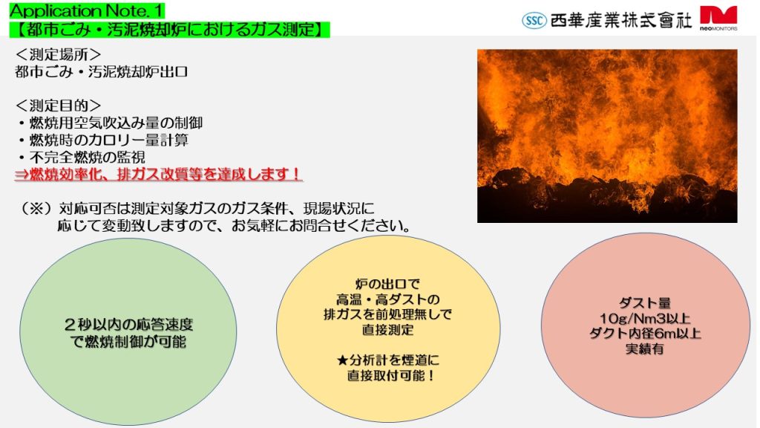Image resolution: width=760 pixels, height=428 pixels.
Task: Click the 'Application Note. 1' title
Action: pyautogui.click(x=87, y=10)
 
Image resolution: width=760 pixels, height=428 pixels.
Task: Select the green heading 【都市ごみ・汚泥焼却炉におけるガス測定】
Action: pyautogui.click(x=169, y=29)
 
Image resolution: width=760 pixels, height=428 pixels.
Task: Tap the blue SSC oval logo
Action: pyautogui.click(x=534, y=20)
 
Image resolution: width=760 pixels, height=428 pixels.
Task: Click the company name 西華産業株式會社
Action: pyautogui.click(x=621, y=20)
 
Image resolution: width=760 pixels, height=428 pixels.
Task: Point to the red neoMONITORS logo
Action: pyautogui.click(x=718, y=19)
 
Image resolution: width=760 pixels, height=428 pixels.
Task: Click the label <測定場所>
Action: pyautogui.click(x=58, y=54)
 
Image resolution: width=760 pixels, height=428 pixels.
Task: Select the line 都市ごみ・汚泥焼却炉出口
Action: pyautogui.click(x=101, y=72)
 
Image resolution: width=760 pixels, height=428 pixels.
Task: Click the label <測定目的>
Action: pyautogui.click(x=58, y=106)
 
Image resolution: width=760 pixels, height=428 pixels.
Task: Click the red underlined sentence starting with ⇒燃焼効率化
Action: pyautogui.click(x=159, y=174)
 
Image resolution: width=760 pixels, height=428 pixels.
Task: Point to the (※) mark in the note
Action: pyautogui.click(x=36, y=209)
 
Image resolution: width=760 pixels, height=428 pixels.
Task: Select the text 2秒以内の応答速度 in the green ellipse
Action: pyautogui.click(x=129, y=324)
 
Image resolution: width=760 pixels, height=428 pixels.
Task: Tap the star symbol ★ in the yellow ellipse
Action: pyautogui.click(x=343, y=360)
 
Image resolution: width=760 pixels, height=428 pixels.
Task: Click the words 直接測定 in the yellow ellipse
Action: pyautogui.click(x=388, y=330)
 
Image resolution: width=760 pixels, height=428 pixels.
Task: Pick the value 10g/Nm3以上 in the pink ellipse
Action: pyautogui.click(x=645, y=318)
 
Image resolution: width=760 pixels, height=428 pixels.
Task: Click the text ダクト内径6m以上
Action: pyautogui.click(x=645, y=334)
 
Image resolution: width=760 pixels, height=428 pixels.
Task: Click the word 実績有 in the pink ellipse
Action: pyautogui.click(x=645, y=348)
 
